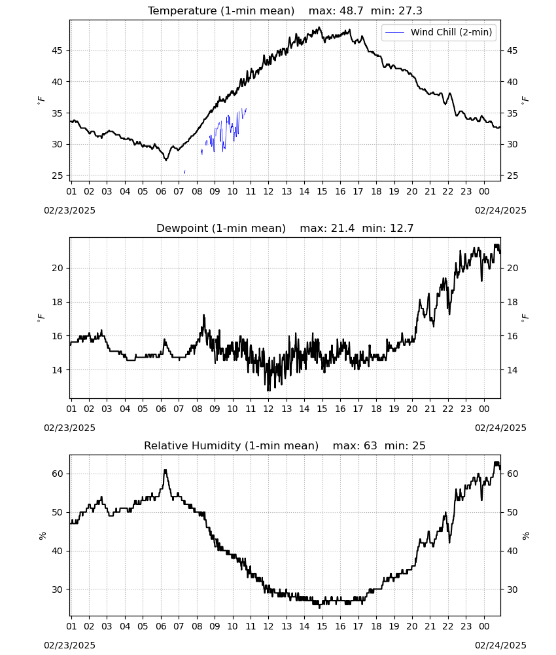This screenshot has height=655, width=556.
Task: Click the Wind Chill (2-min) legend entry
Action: [439, 32]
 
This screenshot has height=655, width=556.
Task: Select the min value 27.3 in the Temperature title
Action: [410, 11]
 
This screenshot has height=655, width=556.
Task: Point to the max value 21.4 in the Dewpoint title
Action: [343, 229]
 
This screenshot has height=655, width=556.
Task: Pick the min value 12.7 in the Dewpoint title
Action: [402, 229]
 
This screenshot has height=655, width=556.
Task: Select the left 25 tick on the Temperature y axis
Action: [58, 176]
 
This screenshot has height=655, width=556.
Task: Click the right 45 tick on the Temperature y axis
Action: [512, 50]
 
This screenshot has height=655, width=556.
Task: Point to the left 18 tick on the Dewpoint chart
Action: [58, 302]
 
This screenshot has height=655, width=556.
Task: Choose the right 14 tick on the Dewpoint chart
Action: [512, 370]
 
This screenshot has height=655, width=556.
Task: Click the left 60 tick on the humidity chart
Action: [58, 474]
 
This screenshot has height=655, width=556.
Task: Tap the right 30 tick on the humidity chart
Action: [512, 590]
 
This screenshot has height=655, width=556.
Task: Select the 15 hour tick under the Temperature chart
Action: [322, 192]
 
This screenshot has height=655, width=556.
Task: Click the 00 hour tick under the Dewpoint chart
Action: [484, 409]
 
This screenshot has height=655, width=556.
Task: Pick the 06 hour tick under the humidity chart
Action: [160, 626]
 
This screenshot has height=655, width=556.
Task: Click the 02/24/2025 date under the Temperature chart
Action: [500, 210]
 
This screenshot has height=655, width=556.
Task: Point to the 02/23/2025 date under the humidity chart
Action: [69, 645]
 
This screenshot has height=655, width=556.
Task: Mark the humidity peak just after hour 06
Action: [165, 470]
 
